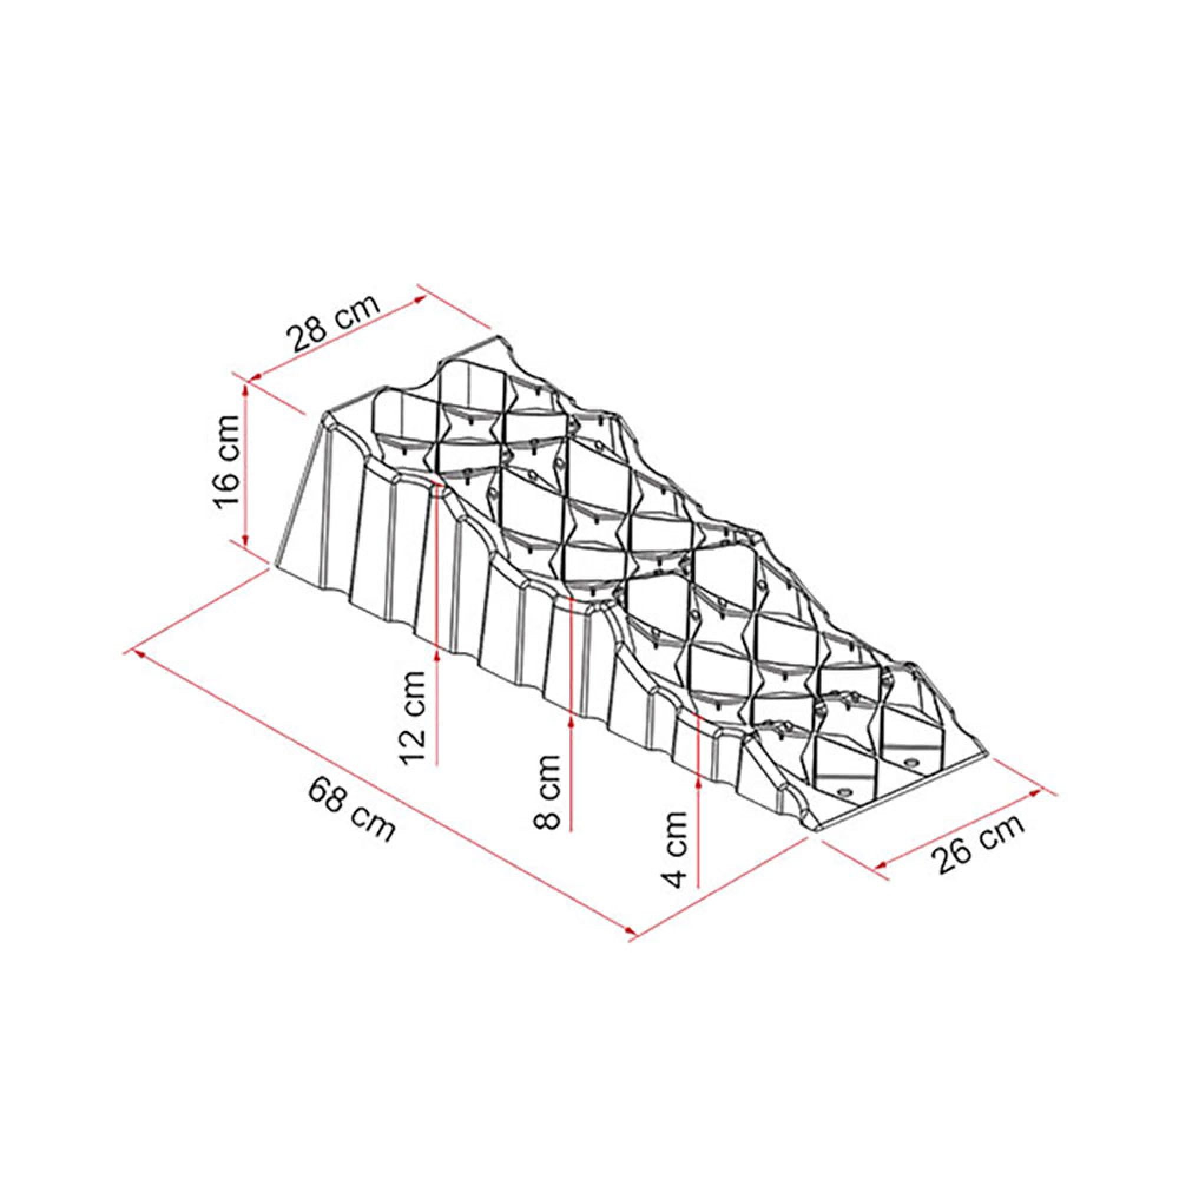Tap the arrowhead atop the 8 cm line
tap(571, 721)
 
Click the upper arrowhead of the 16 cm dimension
tap(246, 391)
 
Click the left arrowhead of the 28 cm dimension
tap(256, 378)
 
